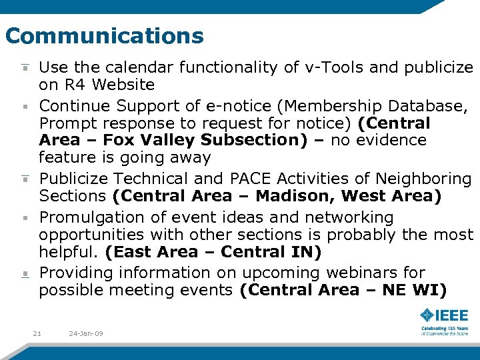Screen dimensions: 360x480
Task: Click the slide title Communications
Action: click(104, 35)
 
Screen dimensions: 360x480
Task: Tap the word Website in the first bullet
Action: click(123, 85)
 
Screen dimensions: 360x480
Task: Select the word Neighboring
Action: click(423, 179)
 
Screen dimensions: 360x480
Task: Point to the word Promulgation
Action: click(91, 217)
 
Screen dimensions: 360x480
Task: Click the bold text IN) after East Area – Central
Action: click(308, 252)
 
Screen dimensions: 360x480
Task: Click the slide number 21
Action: click(37, 333)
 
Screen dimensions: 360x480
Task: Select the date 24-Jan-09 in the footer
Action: click(86, 333)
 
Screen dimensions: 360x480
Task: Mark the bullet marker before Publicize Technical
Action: click(25, 178)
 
